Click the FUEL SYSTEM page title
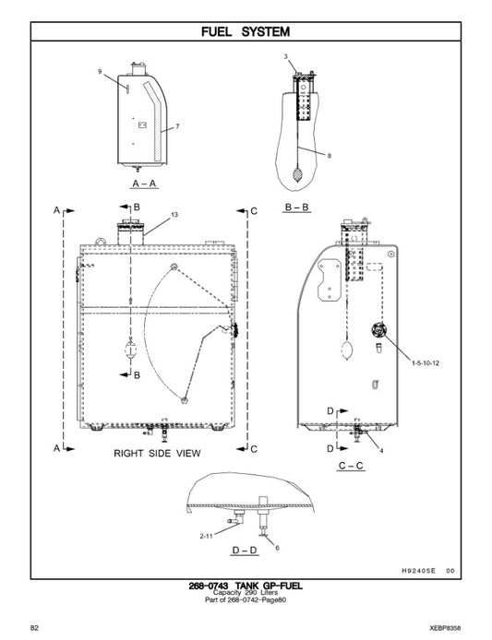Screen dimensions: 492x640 [x=246, y=31]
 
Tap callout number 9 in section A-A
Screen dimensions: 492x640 [x=100, y=71]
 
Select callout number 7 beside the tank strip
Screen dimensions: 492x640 [x=177, y=126]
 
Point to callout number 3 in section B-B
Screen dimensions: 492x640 [x=286, y=56]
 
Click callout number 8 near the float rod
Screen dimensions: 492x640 [x=330, y=156]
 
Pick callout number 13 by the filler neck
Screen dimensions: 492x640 [x=174, y=215]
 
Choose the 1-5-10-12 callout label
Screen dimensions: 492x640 [x=426, y=362]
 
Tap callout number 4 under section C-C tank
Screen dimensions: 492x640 [x=381, y=451]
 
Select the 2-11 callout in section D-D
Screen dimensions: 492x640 [x=207, y=536]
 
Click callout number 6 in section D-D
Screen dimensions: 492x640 [x=277, y=548]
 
